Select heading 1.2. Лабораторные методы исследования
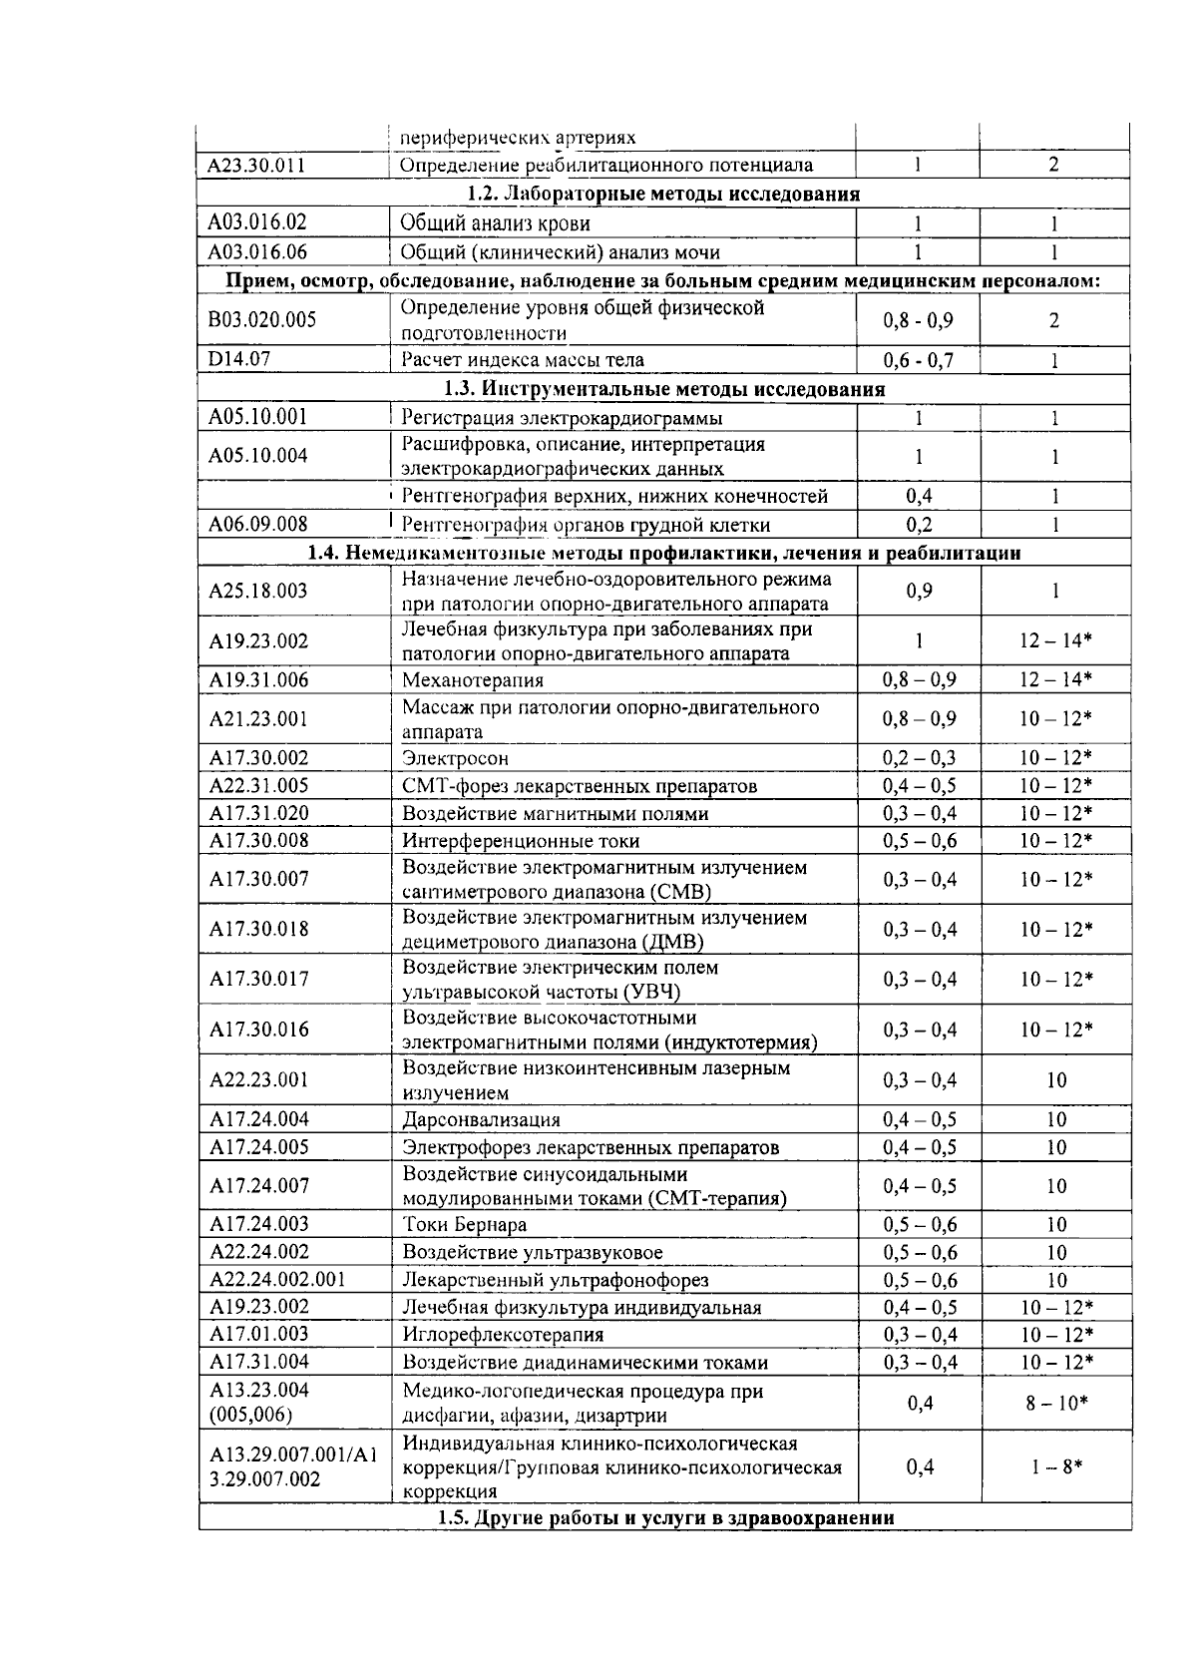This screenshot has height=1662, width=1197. point(663,194)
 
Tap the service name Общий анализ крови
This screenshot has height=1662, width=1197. point(495,223)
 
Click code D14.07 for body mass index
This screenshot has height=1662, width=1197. point(239,359)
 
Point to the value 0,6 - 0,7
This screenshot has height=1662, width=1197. point(918,360)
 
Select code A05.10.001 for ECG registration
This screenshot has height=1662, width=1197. point(258,417)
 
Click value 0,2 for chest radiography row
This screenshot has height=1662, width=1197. point(919,525)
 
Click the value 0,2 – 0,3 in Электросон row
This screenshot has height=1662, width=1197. point(919,758)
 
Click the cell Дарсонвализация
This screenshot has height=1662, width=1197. point(481,1120)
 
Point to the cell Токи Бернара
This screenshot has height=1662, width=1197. point(464,1225)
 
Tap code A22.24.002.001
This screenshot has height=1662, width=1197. point(277,1280)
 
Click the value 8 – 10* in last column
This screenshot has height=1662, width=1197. point(1056,1404)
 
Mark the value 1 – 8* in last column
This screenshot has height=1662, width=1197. point(1056,1466)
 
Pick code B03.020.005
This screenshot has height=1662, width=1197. point(262,320)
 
